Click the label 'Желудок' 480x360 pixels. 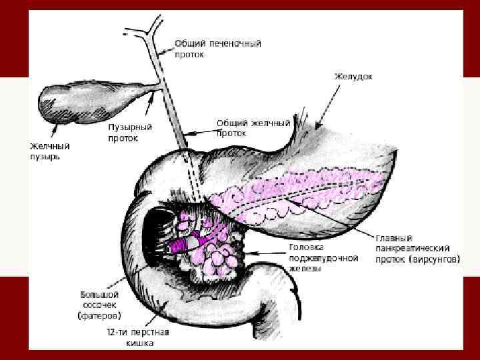[x=353, y=77]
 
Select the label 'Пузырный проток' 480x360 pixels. [x=131, y=133]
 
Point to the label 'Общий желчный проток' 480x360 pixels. [x=254, y=128]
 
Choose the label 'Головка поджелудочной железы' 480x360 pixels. [x=313, y=257]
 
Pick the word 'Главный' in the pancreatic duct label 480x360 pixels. [x=394, y=237]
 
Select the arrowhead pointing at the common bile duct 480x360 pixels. [x=189, y=135]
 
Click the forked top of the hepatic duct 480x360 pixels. [x=147, y=30]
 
